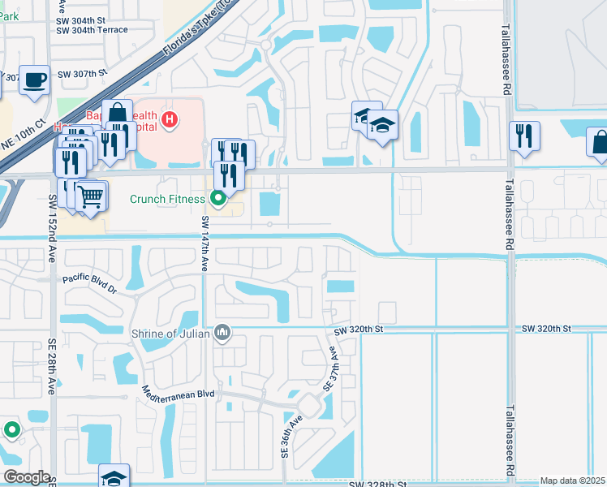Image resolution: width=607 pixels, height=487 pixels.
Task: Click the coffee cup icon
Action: [34, 80]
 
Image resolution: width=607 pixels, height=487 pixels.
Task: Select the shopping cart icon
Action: [91, 195]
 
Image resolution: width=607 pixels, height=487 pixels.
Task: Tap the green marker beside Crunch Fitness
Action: [217, 197]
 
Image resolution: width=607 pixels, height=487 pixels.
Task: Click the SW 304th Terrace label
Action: [93, 30]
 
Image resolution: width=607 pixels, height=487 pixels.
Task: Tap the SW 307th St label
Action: [83, 73]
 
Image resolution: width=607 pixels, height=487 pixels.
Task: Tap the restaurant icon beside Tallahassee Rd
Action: [524, 135]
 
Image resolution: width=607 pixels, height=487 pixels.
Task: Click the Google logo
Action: [26, 477]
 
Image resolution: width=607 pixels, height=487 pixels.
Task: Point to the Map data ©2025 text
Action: [572, 481]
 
